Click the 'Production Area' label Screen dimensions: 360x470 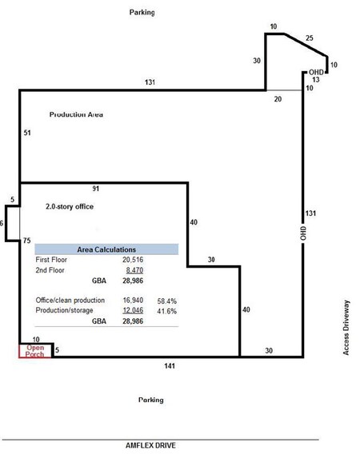click(x=76, y=114)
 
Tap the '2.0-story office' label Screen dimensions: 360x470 click(x=70, y=206)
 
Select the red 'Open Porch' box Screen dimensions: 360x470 click(x=35, y=351)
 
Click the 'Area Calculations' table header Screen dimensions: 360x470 click(x=106, y=249)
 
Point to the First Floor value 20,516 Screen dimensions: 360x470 click(x=133, y=260)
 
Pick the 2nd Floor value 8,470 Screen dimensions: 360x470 click(x=134, y=270)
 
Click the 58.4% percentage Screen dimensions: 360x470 click(x=166, y=301)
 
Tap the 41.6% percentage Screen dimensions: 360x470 click(x=166, y=311)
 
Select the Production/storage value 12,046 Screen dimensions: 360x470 click(x=133, y=310)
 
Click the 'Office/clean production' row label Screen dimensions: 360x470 click(x=70, y=301)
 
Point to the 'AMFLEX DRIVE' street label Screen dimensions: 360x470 click(x=150, y=445)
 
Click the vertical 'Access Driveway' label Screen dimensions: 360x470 click(x=346, y=328)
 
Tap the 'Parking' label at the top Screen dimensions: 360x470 click(x=142, y=12)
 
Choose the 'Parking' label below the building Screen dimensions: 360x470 click(x=151, y=400)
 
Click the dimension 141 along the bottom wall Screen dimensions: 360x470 click(x=170, y=366)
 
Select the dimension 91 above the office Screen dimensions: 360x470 click(x=96, y=189)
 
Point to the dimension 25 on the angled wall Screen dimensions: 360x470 click(x=310, y=38)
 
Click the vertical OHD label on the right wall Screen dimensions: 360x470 click(x=303, y=233)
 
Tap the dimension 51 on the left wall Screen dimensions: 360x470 click(x=27, y=133)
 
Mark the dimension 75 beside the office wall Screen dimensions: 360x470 click(x=27, y=241)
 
